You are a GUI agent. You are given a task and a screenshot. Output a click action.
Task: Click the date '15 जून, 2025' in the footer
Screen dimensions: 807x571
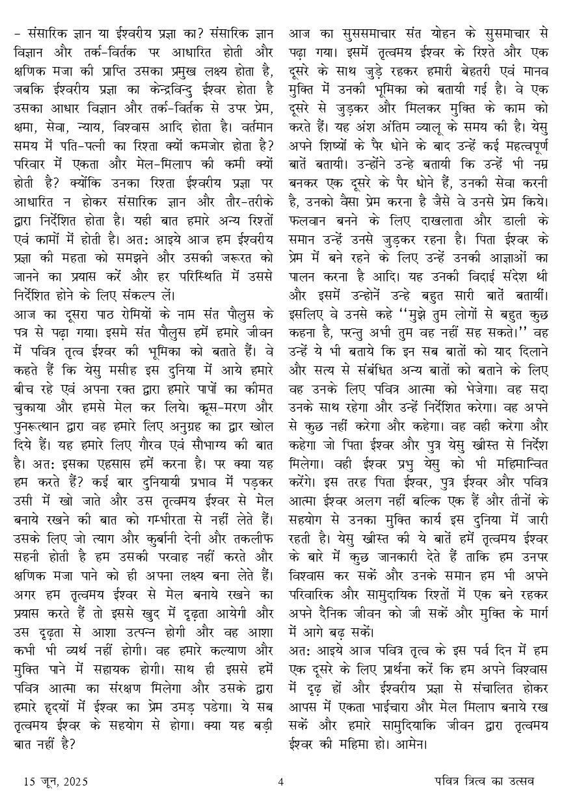coord(56,782)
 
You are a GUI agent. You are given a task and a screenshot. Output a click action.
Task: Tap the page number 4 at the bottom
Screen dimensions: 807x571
coord(281,782)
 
